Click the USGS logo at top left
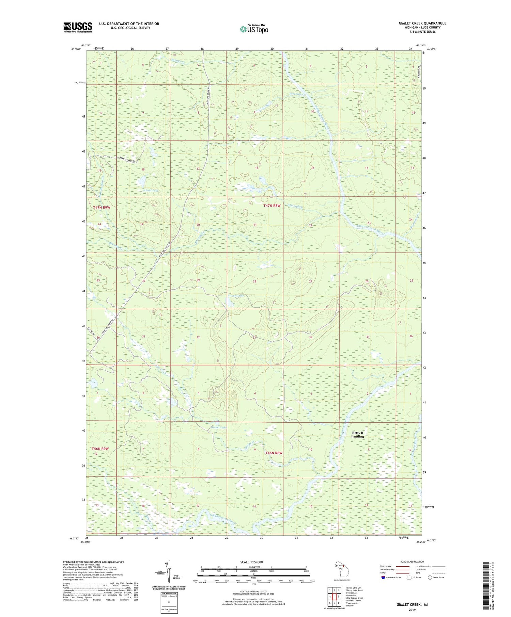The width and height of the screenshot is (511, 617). click(x=78, y=27)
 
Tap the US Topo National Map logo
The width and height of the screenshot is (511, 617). click(x=254, y=29)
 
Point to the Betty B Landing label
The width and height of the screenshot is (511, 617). click(x=357, y=435)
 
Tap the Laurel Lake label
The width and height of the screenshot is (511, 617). click(x=236, y=296)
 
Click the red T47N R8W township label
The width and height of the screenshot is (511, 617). click(x=272, y=206)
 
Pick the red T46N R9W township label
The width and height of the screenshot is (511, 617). click(x=100, y=449)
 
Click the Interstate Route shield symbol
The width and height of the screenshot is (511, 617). click(x=383, y=578)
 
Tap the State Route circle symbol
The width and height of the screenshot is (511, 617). click(x=430, y=577)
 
